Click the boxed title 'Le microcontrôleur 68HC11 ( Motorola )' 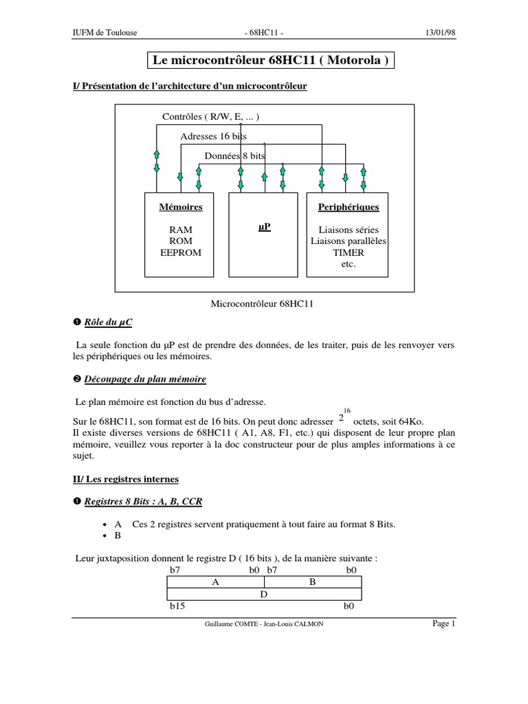pos(272,60)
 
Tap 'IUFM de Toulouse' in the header pos(104,32)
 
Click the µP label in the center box pos(263,226)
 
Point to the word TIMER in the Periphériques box pos(348,252)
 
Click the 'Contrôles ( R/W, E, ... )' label pos(210,117)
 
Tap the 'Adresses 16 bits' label pos(213,136)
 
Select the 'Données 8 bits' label pos(234,155)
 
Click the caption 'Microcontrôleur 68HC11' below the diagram pos(264,302)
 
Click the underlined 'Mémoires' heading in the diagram pos(177,206)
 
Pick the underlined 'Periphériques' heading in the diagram pos(348,206)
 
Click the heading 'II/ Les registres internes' pos(126,478)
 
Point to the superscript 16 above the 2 pos(347,409)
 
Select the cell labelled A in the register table pos(215,582)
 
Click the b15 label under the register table pos(177,607)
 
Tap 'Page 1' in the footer pos(443,624)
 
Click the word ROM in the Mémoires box pos(177,241)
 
